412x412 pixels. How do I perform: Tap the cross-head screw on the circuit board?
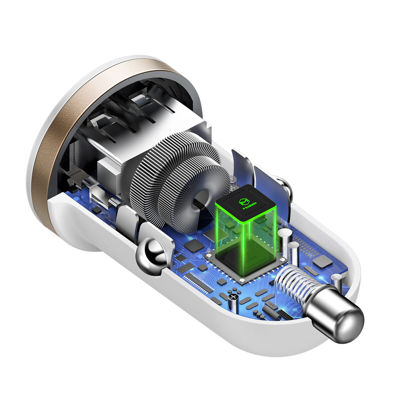[234, 297]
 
